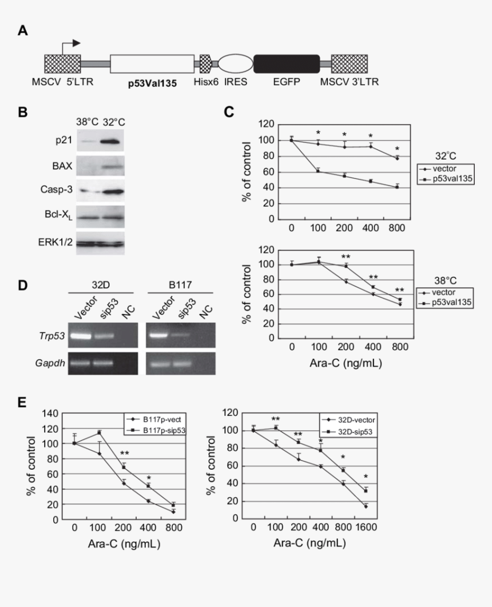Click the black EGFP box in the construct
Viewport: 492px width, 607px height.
[286, 64]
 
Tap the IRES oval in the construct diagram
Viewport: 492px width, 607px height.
[235, 64]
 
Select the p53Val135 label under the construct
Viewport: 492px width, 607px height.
[152, 82]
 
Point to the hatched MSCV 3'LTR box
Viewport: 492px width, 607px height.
[349, 64]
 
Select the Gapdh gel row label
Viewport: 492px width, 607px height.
[52, 363]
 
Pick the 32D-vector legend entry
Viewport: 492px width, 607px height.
[350, 419]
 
